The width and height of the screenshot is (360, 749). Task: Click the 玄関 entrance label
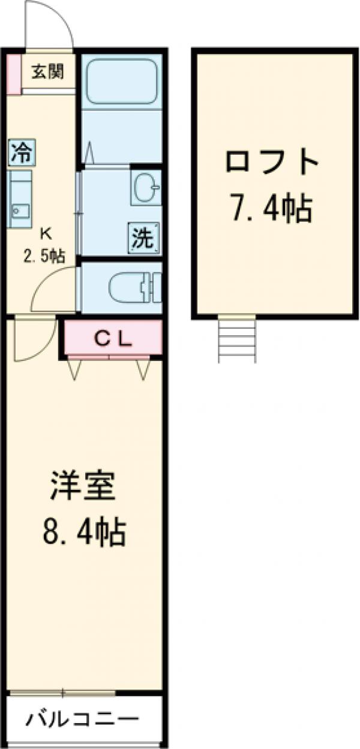[47, 72]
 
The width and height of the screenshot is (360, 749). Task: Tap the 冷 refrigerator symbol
[22, 152]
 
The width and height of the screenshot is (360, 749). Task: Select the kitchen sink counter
[20, 199]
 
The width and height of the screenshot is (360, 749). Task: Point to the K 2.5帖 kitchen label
[44, 245]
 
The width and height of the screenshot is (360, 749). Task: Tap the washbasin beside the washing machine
[146, 188]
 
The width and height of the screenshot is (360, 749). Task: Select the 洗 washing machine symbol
[143, 238]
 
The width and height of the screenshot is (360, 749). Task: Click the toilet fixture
[134, 287]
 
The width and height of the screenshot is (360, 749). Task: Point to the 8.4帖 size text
[84, 533]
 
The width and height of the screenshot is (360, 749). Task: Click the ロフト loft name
[272, 162]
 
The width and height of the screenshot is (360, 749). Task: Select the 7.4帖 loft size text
[272, 209]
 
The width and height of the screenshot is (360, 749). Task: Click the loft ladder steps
[237, 338]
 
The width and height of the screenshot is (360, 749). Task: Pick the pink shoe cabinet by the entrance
[14, 73]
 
